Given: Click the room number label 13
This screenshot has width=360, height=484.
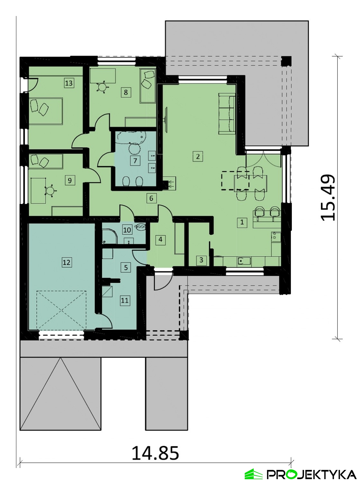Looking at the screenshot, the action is [x=69, y=83].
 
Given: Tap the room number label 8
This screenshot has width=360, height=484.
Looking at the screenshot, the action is [x=126, y=92].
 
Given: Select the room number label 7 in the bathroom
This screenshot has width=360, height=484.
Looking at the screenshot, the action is [x=135, y=161].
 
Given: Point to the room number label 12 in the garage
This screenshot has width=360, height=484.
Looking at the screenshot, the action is [x=67, y=262].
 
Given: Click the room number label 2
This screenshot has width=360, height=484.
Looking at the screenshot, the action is [x=198, y=157].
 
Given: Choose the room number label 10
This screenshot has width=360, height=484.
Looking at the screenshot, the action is [x=127, y=230].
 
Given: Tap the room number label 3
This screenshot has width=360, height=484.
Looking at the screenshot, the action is [x=201, y=260].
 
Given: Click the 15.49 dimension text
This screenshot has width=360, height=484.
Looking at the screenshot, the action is [x=327, y=198].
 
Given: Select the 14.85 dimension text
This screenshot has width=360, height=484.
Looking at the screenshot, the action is [x=155, y=453].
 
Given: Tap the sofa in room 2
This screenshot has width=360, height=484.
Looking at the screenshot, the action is [x=227, y=113].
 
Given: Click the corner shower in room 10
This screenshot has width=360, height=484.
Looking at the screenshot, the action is [x=110, y=236].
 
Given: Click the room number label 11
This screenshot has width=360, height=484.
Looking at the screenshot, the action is [x=125, y=301].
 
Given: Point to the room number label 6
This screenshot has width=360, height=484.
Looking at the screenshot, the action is [x=151, y=198].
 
